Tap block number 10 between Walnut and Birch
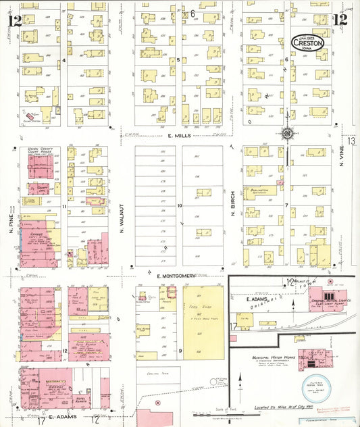pos(180,205)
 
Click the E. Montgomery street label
pos(176,276)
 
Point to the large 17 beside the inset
pos(233,327)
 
